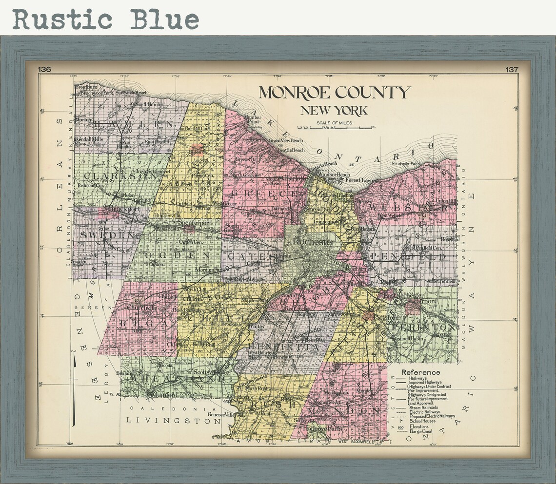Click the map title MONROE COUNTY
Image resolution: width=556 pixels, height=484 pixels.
click(334, 92)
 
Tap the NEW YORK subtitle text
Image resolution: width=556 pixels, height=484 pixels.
click(334, 111)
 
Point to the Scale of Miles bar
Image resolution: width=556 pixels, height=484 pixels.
click(335, 127)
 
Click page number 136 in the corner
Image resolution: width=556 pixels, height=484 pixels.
click(44, 70)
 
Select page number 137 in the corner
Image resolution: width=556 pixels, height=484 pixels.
click(512, 70)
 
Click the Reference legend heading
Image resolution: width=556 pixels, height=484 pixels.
click(420, 373)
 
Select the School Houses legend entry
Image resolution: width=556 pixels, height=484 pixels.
click(422, 421)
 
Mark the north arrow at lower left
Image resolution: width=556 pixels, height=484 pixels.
click(74, 390)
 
